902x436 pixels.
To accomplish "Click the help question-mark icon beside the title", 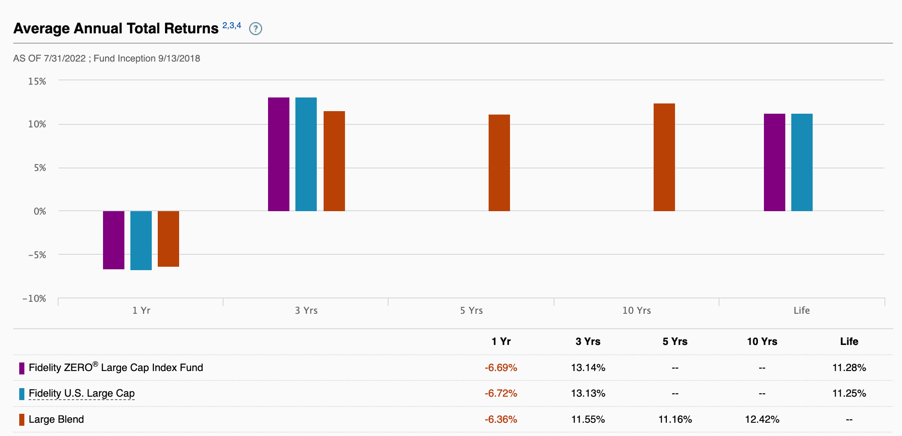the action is pos(256,29).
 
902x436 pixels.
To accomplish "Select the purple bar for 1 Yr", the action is pos(114,240).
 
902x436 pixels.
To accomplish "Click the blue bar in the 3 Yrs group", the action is pos(306,154).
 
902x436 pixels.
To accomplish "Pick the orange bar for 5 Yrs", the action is pos(499,163).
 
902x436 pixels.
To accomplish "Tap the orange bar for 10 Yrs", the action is pos(664,157).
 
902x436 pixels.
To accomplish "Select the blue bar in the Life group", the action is pos(802,162).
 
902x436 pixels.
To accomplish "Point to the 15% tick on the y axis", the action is pos(37,81).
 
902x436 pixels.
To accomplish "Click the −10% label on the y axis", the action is pos(34,298).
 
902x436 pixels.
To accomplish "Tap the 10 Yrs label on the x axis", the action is pos(637,310).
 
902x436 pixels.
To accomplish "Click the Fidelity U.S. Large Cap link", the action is pos(82,393).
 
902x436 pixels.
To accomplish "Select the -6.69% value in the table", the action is pos(501,368).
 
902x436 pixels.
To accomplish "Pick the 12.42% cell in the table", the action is pos(762,419).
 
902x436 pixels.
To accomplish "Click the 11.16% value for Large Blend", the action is pos(675,419).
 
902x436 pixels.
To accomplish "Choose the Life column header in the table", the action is pos(849,342).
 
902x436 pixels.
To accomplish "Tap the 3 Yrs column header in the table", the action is pos(588,342).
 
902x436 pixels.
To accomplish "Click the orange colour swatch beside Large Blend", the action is pos(22,420).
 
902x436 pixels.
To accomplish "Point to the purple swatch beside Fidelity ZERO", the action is pos(22,368).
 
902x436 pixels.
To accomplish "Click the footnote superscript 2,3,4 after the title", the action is pos(232,26).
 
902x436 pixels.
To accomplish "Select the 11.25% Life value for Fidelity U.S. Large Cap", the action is pos(849,393).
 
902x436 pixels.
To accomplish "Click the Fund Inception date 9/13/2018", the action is pos(179,59).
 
